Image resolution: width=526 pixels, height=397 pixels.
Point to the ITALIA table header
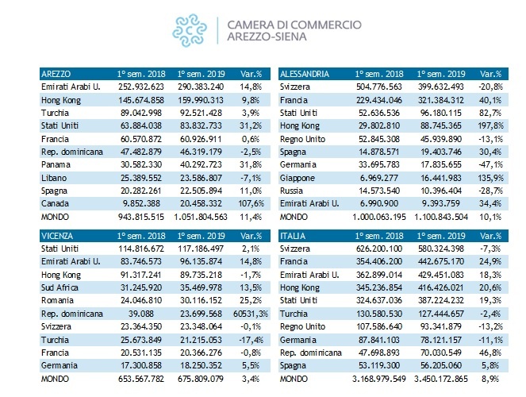click(x=294, y=235)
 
